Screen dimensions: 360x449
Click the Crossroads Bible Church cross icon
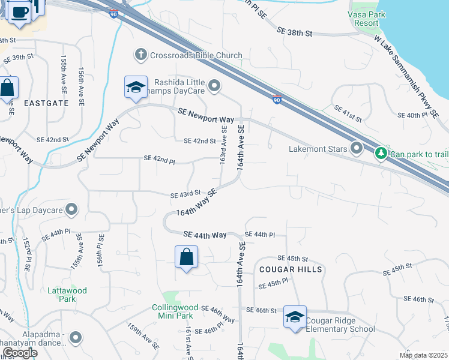click(x=141, y=55)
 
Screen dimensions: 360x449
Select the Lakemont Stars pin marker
click(x=357, y=148)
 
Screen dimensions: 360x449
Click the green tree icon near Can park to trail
click(x=381, y=154)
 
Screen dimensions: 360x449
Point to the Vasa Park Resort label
click(x=364, y=19)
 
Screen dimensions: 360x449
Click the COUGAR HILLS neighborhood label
click(x=291, y=269)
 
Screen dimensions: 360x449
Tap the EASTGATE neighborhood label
click(x=46, y=103)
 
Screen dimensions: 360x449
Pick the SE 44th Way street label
click(x=205, y=235)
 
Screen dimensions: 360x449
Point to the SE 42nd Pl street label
click(x=159, y=158)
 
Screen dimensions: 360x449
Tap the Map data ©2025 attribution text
click(x=423, y=355)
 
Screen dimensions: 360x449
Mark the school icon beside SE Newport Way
click(x=136, y=88)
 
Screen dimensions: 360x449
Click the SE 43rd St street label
click(x=184, y=195)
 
